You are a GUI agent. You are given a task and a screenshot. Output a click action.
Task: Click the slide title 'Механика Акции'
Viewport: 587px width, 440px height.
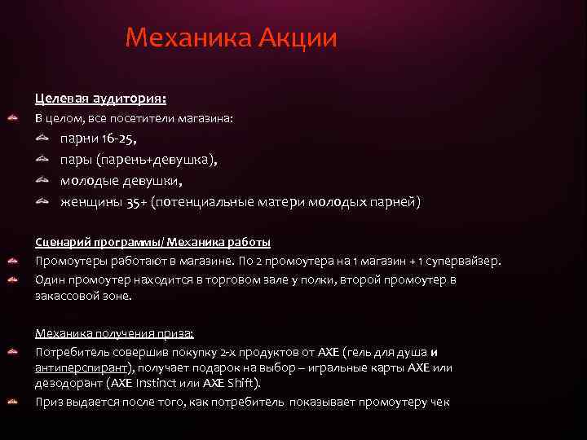231,38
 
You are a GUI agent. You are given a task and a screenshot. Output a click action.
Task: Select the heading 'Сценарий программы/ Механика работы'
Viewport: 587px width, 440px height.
152,242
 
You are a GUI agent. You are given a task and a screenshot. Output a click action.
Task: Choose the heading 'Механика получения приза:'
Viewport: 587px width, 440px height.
114,333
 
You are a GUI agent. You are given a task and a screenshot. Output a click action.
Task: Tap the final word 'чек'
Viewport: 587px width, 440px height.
440,402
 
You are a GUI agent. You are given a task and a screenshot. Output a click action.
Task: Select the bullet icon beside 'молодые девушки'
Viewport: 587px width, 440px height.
42,181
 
